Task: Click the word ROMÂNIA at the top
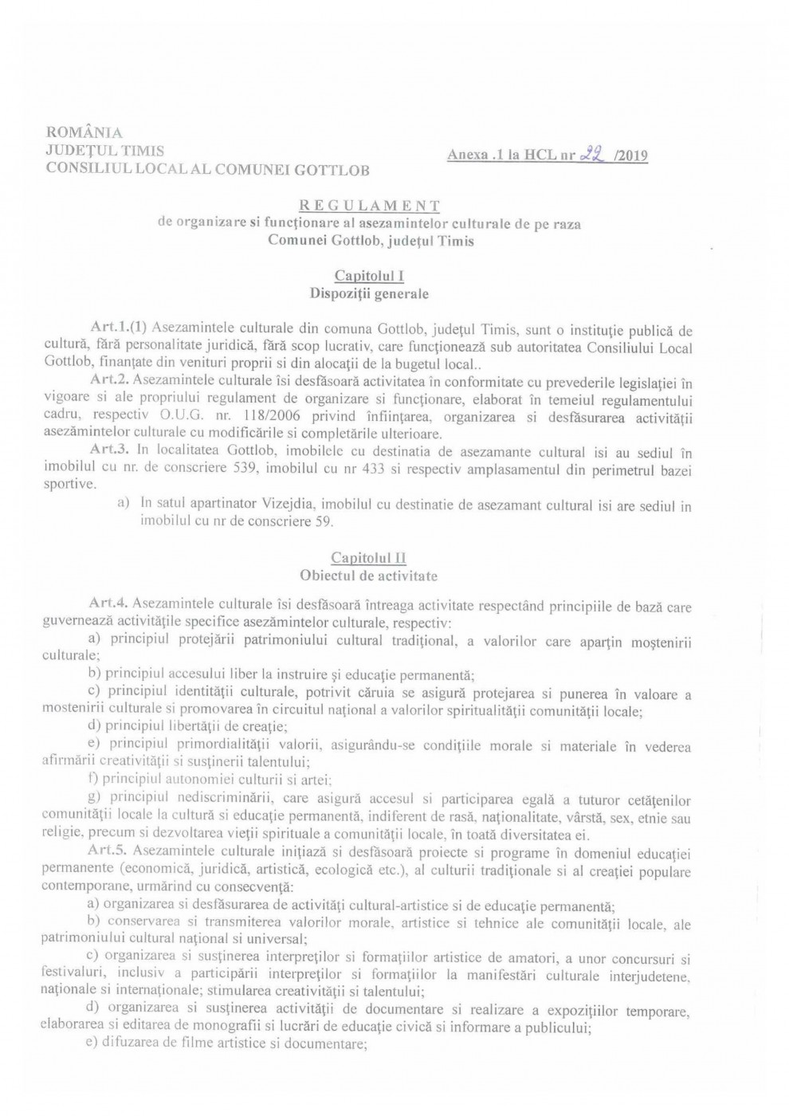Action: [x=84, y=132]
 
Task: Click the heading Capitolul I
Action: [x=369, y=276]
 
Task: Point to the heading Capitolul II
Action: [x=369, y=558]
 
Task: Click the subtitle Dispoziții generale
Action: [x=369, y=293]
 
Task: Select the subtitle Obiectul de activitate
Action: [x=369, y=576]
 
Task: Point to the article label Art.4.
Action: [x=111, y=607]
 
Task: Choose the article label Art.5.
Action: [x=111, y=854]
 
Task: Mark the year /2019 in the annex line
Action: [x=631, y=156]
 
